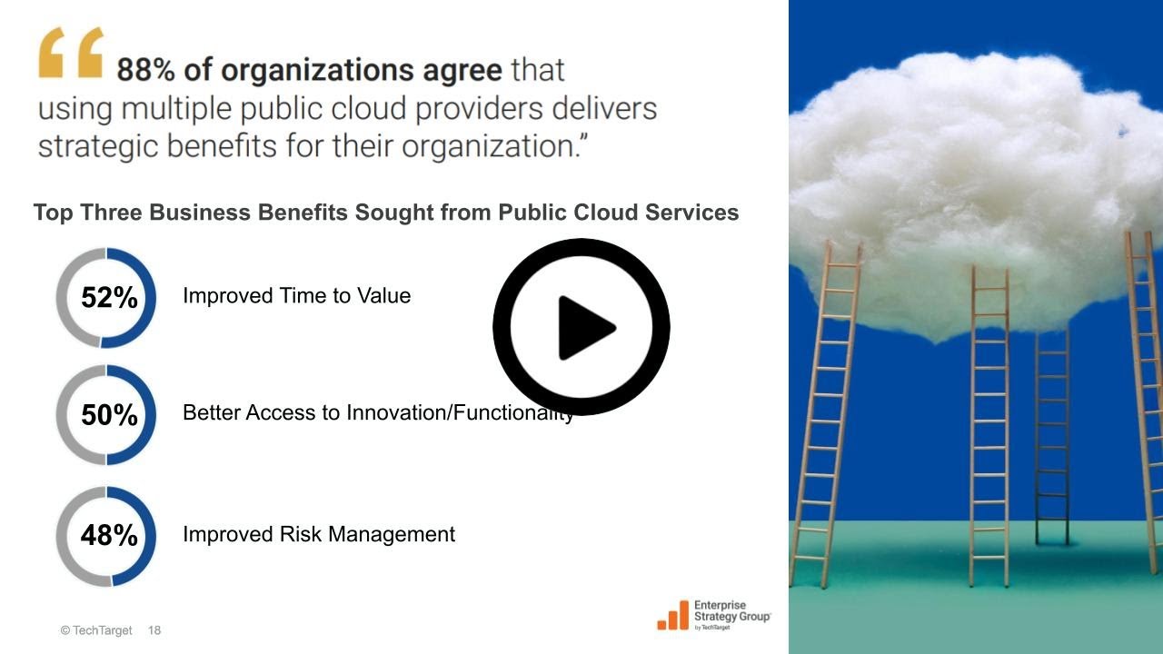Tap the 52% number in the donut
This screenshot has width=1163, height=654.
point(109,297)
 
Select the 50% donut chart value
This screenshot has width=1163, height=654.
point(109,415)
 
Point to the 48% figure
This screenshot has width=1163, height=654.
point(109,536)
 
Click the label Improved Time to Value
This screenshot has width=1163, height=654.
point(296,296)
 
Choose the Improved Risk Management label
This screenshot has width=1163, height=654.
point(318,534)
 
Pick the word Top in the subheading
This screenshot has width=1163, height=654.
point(52,213)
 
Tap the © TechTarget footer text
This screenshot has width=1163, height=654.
point(96,630)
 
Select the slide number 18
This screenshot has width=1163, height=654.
point(154,630)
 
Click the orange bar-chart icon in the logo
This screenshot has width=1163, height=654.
point(672,615)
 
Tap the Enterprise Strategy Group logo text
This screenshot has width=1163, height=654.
point(731,611)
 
